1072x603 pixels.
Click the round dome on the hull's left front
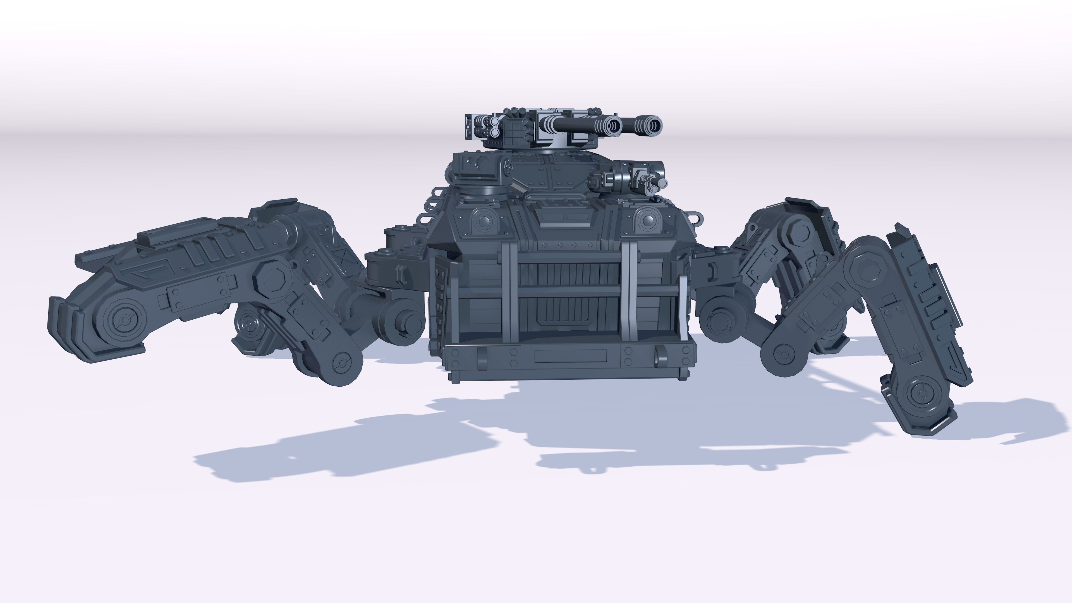483,221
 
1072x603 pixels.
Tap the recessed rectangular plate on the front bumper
570,356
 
